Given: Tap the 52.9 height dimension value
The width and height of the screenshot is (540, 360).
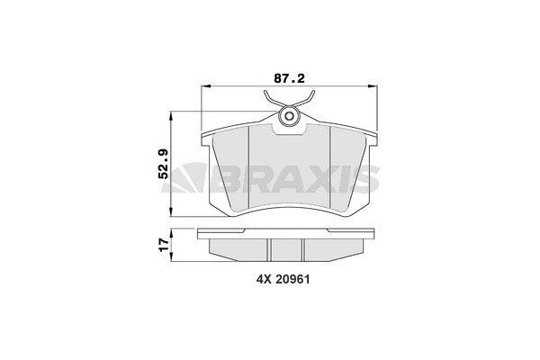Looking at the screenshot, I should click(x=164, y=165).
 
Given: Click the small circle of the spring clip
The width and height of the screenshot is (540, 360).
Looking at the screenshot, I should click(x=290, y=116).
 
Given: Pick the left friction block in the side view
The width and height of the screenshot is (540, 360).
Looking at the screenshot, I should click(x=238, y=247).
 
